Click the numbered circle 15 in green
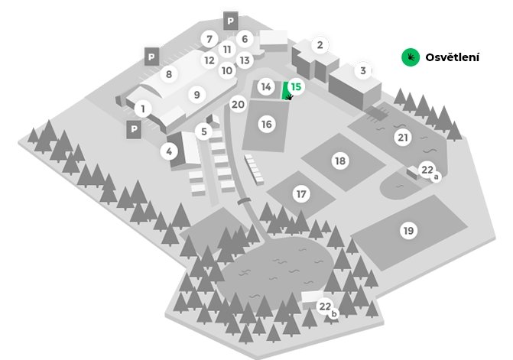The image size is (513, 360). click(x=296, y=86)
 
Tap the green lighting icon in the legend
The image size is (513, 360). click(x=411, y=57)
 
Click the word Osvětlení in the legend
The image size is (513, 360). click(x=452, y=57)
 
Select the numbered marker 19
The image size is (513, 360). click(x=408, y=231)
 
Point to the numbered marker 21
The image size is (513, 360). click(x=403, y=138)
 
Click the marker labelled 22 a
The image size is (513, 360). click(x=429, y=171)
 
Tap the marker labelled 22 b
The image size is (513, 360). click(x=327, y=308)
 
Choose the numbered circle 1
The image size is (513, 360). click(x=143, y=109)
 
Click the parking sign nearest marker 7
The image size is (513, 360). click(x=231, y=21)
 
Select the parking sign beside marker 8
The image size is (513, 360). click(x=151, y=57)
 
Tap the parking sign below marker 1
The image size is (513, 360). click(x=134, y=129)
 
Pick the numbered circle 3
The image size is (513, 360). click(x=363, y=70)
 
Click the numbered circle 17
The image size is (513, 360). click(x=301, y=194)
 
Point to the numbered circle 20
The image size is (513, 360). click(x=238, y=104)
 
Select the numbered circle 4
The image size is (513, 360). click(x=169, y=151)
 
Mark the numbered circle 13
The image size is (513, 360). click(x=245, y=60)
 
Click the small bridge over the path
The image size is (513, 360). click(x=244, y=201)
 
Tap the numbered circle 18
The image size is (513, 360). click(x=340, y=161)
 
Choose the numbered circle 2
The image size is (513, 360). click(x=320, y=45)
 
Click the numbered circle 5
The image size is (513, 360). click(x=204, y=131)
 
